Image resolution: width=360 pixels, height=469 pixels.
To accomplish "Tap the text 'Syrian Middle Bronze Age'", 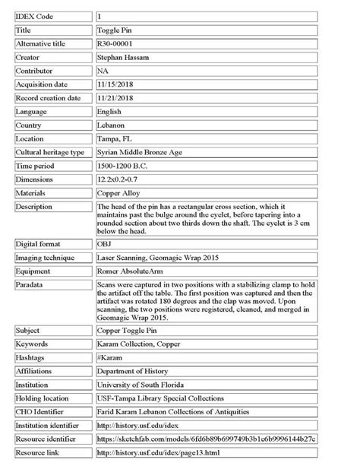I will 141,152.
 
